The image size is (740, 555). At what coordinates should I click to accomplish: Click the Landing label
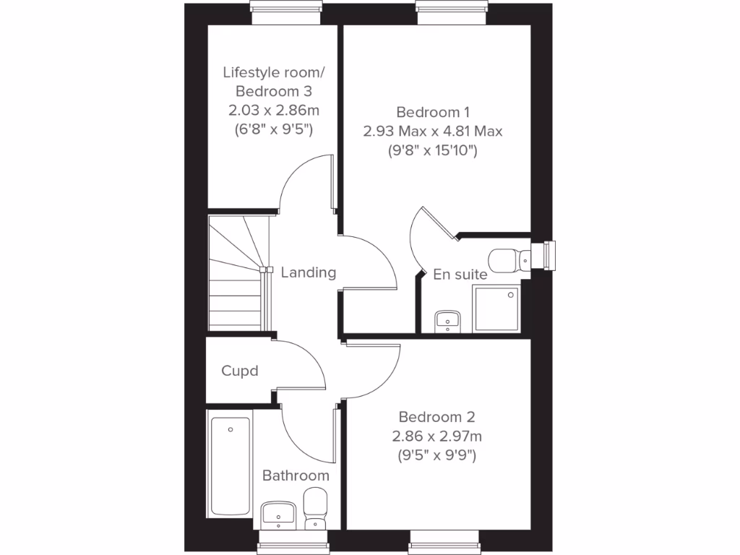point(309,272)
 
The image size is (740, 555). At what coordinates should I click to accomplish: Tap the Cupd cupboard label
point(240,371)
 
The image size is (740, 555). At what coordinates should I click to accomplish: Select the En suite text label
point(460,275)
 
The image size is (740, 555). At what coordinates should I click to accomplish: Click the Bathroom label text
point(296,476)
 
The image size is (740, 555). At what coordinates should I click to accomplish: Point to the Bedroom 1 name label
point(433,112)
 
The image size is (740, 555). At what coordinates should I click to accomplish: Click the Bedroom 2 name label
point(436,417)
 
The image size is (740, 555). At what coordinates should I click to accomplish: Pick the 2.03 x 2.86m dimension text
point(274,111)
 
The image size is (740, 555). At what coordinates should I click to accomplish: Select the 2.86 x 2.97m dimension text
point(436,436)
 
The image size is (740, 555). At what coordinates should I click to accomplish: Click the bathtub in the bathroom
point(231,465)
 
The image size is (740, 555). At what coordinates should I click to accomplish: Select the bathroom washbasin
point(278,513)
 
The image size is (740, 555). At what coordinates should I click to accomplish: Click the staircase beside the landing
point(236,275)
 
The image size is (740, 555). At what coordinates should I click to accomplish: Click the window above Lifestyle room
point(285,7)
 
